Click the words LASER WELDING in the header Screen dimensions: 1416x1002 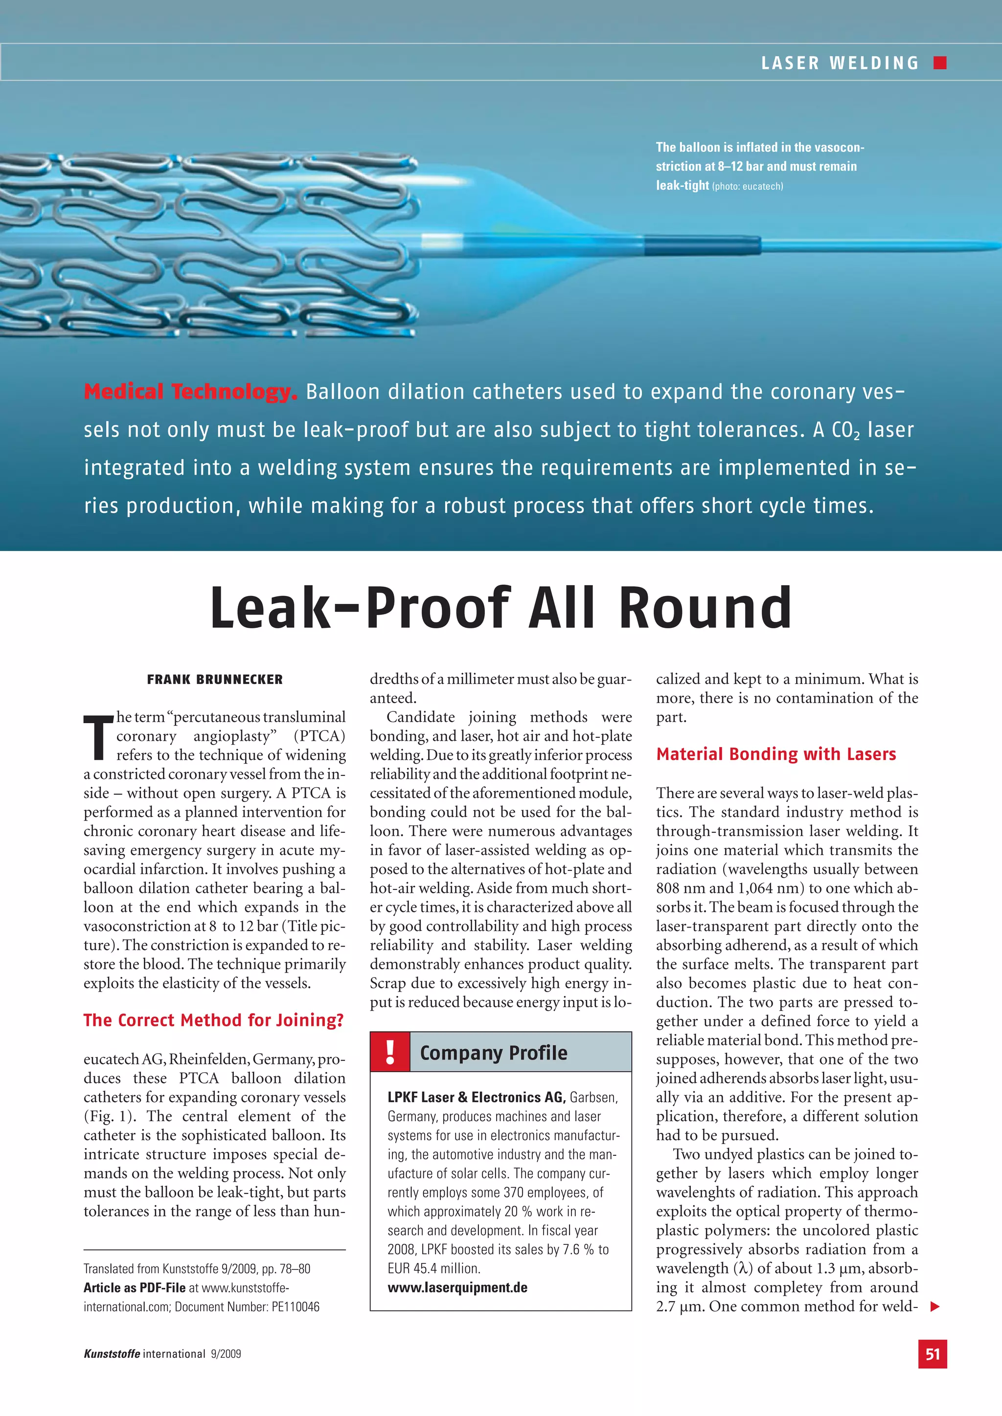[x=840, y=63]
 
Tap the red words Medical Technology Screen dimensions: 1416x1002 [x=190, y=392]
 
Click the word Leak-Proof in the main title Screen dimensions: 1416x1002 [x=360, y=608]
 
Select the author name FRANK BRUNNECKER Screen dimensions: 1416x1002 [x=215, y=680]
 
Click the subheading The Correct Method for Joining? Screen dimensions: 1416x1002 [x=213, y=1020]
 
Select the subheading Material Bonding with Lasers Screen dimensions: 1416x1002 [x=775, y=754]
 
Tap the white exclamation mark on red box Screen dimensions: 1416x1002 [x=390, y=1052]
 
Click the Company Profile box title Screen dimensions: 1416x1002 [x=493, y=1053]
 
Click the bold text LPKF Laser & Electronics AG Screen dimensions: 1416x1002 [x=476, y=1097]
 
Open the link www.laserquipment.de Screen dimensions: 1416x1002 [x=457, y=1288]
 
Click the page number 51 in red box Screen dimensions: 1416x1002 [x=932, y=1354]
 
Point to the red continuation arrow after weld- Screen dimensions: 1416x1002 [x=935, y=1306]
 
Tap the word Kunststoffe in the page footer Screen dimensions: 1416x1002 [x=112, y=1354]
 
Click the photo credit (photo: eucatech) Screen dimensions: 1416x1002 [x=747, y=186]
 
